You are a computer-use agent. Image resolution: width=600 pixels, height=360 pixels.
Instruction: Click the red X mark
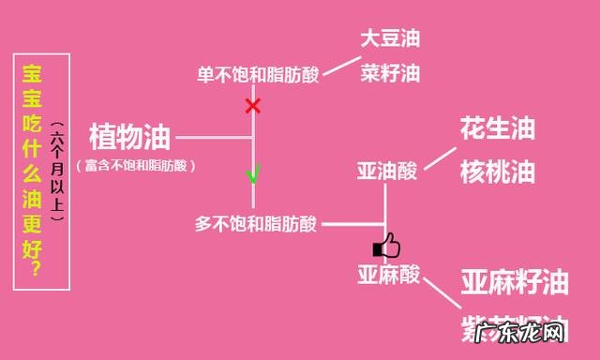point(252,105)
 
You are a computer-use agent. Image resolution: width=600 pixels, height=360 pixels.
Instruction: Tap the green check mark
point(252,174)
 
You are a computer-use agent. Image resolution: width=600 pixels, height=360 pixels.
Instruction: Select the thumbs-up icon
point(386,247)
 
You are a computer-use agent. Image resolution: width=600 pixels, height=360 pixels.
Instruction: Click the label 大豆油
point(389,39)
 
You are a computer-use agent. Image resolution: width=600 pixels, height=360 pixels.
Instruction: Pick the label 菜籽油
point(389,72)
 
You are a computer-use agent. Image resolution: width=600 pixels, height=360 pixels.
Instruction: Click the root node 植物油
point(130,138)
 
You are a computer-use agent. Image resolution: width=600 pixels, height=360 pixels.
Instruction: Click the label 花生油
point(497,129)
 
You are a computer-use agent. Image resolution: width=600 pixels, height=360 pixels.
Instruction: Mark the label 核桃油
point(497,172)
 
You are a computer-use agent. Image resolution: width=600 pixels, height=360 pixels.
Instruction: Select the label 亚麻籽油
point(514,281)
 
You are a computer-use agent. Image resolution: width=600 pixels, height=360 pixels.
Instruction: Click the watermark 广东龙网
point(519,334)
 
